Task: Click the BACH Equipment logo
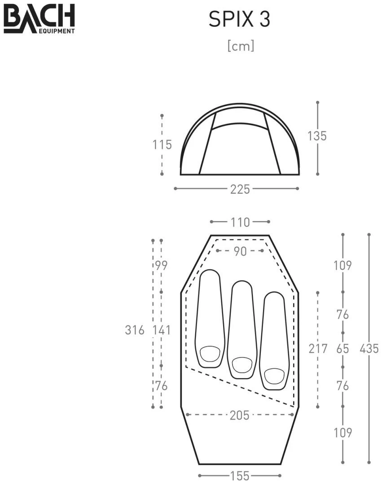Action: [x=39, y=18]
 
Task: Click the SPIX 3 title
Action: [x=239, y=19]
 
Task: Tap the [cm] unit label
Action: [x=241, y=46]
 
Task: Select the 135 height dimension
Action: [x=317, y=136]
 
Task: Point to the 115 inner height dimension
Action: [x=162, y=144]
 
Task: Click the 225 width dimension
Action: [x=240, y=189]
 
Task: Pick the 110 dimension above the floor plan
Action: [x=240, y=222]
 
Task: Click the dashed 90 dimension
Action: [x=240, y=251]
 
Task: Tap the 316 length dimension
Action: [x=135, y=330]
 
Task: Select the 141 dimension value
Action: [x=162, y=330]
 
